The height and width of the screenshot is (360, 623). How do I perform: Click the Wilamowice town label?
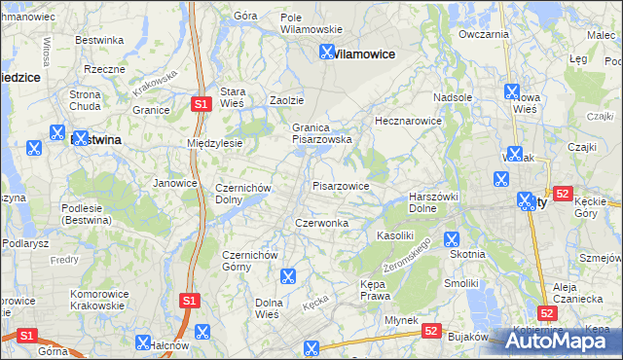tap(366, 54)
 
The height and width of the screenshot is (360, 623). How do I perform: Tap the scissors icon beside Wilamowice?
tap(328, 54)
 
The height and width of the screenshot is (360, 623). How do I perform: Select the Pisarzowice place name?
tap(341, 185)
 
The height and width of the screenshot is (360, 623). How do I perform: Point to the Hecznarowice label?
tap(409, 121)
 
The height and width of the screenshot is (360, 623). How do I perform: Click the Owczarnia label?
tap(484, 34)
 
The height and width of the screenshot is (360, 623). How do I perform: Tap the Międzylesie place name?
tap(214, 143)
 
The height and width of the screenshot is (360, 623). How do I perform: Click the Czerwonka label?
tap(322, 223)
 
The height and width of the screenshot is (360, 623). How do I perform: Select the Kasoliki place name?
tap(396, 235)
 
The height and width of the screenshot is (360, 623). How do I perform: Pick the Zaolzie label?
tap(287, 100)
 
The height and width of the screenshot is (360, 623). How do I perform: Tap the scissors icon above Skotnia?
tap(451, 238)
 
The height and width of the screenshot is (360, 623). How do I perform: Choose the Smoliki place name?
tap(461, 283)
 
